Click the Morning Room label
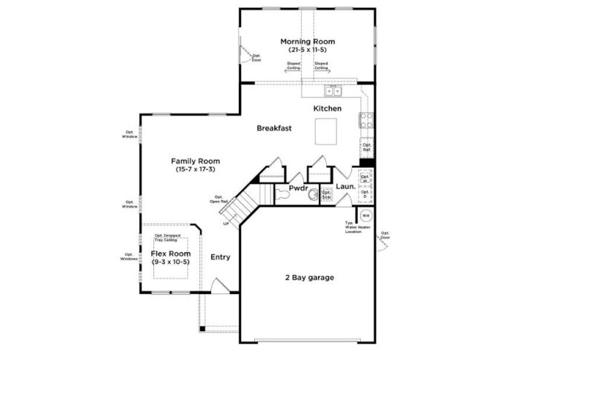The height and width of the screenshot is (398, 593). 307,42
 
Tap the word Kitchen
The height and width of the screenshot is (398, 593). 327,109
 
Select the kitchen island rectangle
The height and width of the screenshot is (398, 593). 325,133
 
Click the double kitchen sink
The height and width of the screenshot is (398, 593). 334,92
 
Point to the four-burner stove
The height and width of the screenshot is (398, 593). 366,119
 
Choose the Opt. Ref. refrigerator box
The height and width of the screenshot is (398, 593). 366,147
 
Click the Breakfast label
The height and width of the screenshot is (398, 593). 274,128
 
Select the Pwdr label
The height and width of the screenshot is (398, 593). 298,188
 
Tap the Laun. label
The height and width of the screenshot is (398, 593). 345,188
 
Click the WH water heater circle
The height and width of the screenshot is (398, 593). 365,216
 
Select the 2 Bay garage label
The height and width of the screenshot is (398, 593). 309,278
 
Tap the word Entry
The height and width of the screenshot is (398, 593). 220,257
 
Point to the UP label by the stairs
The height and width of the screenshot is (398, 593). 225,223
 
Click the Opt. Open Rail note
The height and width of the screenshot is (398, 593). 218,199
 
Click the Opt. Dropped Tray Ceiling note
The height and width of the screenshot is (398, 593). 166,238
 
